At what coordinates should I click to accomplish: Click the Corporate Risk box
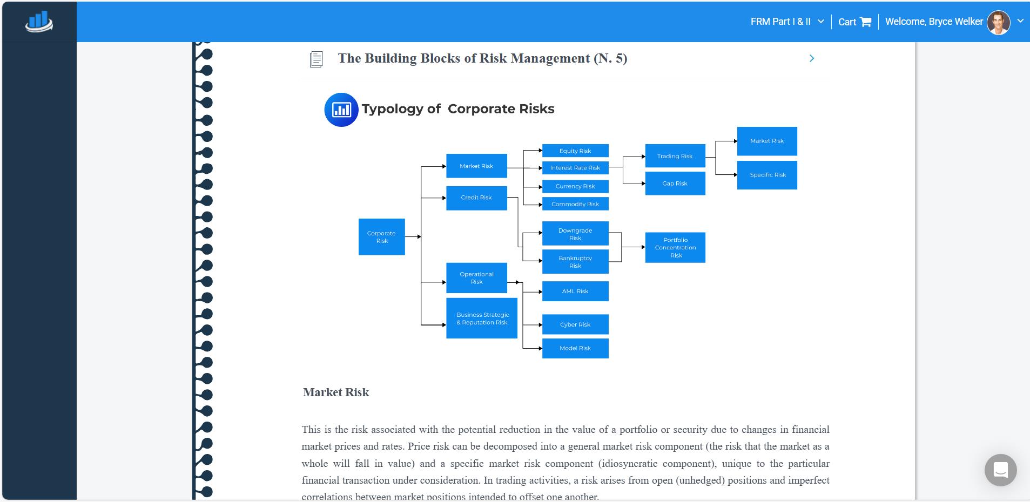381,237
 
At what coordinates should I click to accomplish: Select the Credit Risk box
476,198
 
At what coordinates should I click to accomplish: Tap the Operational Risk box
476,278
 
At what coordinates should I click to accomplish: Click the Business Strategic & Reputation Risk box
482,318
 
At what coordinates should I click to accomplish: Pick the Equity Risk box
575,151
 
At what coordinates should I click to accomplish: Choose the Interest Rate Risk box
575,168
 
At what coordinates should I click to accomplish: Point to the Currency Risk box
575,186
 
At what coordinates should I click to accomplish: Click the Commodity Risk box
575,204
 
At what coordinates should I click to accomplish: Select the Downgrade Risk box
575,234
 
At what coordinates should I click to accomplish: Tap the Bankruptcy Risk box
575,262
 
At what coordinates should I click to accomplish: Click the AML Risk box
575,291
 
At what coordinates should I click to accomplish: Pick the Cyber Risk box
575,324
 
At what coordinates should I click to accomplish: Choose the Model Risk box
575,348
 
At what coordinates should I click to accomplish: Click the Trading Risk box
675,156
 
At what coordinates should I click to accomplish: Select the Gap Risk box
675,184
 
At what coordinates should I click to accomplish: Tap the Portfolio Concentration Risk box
675,248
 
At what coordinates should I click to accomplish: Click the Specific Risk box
767,175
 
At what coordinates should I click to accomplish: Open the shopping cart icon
866,22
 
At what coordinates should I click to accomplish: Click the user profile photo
998,22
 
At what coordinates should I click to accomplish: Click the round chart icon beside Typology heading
341,110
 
